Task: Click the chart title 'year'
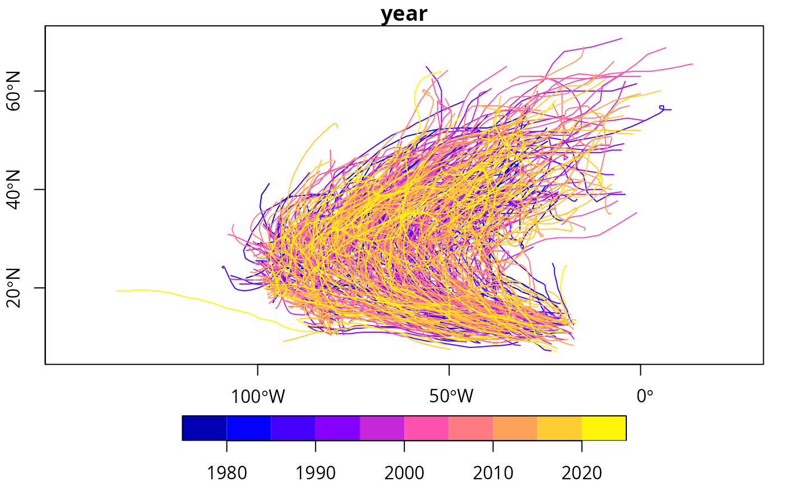coord(404,14)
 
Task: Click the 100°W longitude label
coord(257,397)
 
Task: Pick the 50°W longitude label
coord(449,397)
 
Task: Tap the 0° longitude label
coord(645,397)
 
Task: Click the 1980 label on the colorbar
coord(227,474)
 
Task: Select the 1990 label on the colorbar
coord(315,474)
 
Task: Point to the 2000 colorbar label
coord(404,474)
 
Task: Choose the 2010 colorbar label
coord(493,474)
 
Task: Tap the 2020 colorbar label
coord(581,474)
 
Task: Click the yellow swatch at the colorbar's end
coord(604,428)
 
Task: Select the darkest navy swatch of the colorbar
coord(205,428)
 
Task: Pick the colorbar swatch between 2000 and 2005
coord(426,428)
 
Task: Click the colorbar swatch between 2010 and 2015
coord(515,428)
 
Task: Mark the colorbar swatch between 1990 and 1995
coord(338,428)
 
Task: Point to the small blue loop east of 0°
coord(662,107)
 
